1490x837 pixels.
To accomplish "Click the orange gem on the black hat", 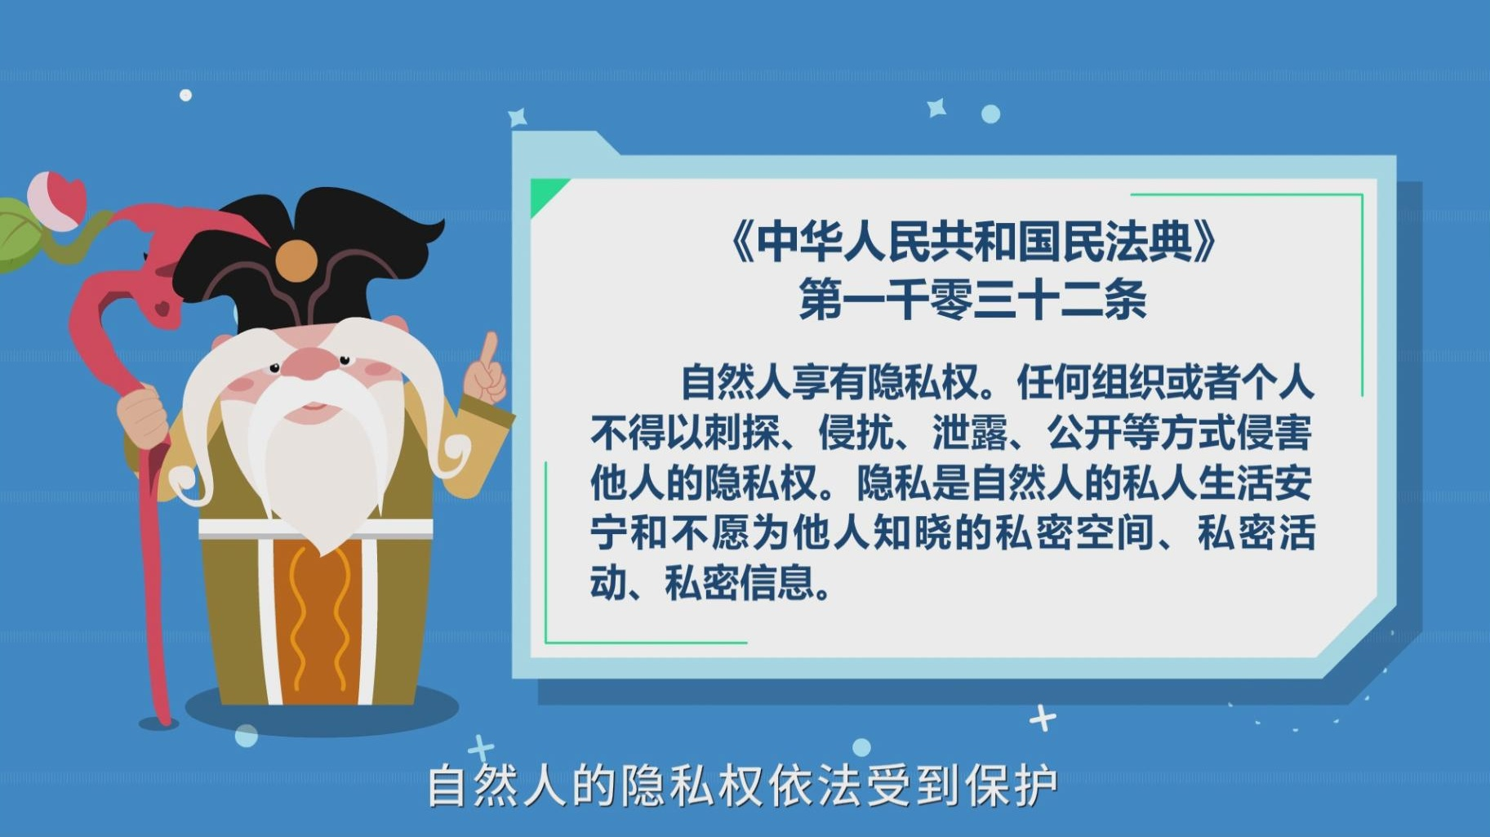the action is click(296, 260).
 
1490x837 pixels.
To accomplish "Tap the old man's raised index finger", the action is click(489, 350).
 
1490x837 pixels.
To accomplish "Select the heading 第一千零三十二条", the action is click(972, 299).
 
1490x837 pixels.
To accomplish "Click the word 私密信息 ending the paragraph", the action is click(741, 583).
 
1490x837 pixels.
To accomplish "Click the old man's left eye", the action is click(345, 359).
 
